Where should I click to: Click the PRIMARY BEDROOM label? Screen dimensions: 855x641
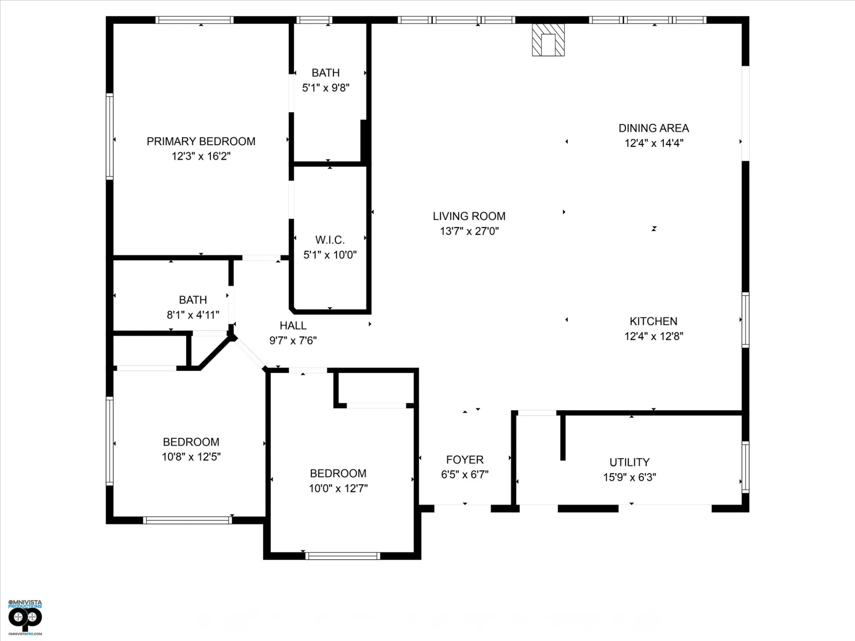pyautogui.click(x=201, y=141)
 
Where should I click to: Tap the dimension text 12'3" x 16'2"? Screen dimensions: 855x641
pyautogui.click(x=201, y=156)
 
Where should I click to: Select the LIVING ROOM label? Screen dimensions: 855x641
pyautogui.click(x=469, y=216)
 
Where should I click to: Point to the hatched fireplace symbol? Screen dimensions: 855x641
pyautogui.click(x=548, y=40)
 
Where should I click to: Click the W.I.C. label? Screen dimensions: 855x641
pyautogui.click(x=330, y=240)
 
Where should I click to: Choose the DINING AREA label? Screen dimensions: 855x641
pyautogui.click(x=653, y=128)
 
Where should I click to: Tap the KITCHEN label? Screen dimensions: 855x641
pyautogui.click(x=653, y=321)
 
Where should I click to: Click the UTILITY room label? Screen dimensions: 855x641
pyautogui.click(x=630, y=462)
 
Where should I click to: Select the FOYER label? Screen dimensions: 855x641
pyautogui.click(x=465, y=460)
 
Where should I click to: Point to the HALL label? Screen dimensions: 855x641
pyautogui.click(x=293, y=326)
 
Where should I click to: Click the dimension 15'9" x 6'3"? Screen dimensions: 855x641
pyautogui.click(x=630, y=477)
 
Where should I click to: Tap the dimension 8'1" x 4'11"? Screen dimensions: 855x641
pyautogui.click(x=193, y=315)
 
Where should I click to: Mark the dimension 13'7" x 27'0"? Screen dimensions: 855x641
pyautogui.click(x=469, y=231)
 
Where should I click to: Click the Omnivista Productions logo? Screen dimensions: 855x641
pyautogui.click(x=25, y=617)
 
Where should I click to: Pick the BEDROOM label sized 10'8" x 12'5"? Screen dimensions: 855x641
pyautogui.click(x=191, y=442)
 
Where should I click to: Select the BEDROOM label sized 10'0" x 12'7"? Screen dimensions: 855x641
pyautogui.click(x=338, y=474)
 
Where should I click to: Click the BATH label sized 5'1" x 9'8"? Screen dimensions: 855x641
pyautogui.click(x=325, y=73)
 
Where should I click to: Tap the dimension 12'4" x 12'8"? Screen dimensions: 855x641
pyautogui.click(x=653, y=336)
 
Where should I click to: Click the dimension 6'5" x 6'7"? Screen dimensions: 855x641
pyautogui.click(x=465, y=475)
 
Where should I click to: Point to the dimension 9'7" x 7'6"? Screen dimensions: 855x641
pyautogui.click(x=293, y=341)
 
